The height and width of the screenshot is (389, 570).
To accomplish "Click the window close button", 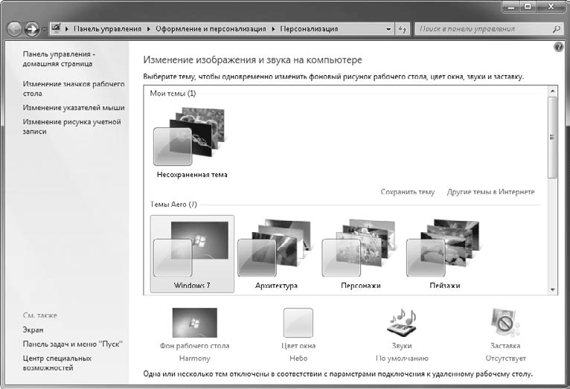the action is [551, 6].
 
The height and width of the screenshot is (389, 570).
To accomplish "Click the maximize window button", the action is [528, 6].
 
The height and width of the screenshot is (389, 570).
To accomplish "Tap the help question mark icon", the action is [559, 47].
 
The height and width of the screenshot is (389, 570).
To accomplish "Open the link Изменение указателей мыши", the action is [74, 108].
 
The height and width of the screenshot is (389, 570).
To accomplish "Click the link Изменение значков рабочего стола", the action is [74, 89].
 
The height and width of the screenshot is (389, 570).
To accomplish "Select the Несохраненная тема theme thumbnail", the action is [190, 136].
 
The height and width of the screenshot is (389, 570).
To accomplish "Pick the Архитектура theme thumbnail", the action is [275, 248].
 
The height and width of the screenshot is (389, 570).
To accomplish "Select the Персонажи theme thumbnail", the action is [359, 248].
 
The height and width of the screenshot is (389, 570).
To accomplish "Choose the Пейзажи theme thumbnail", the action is [443, 248].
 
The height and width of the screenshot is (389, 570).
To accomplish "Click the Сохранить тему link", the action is [408, 192].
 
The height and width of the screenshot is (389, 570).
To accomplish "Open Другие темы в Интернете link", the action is [491, 192].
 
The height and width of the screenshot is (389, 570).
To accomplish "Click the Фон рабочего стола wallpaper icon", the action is [195, 323].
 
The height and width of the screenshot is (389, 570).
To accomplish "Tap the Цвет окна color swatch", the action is [298, 323].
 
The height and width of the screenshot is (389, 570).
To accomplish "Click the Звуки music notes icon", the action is [402, 322].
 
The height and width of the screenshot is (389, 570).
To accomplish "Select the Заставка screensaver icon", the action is [505, 322].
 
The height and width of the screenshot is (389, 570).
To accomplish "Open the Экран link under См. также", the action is [33, 329].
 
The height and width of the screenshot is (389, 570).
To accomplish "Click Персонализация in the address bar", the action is [309, 29].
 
